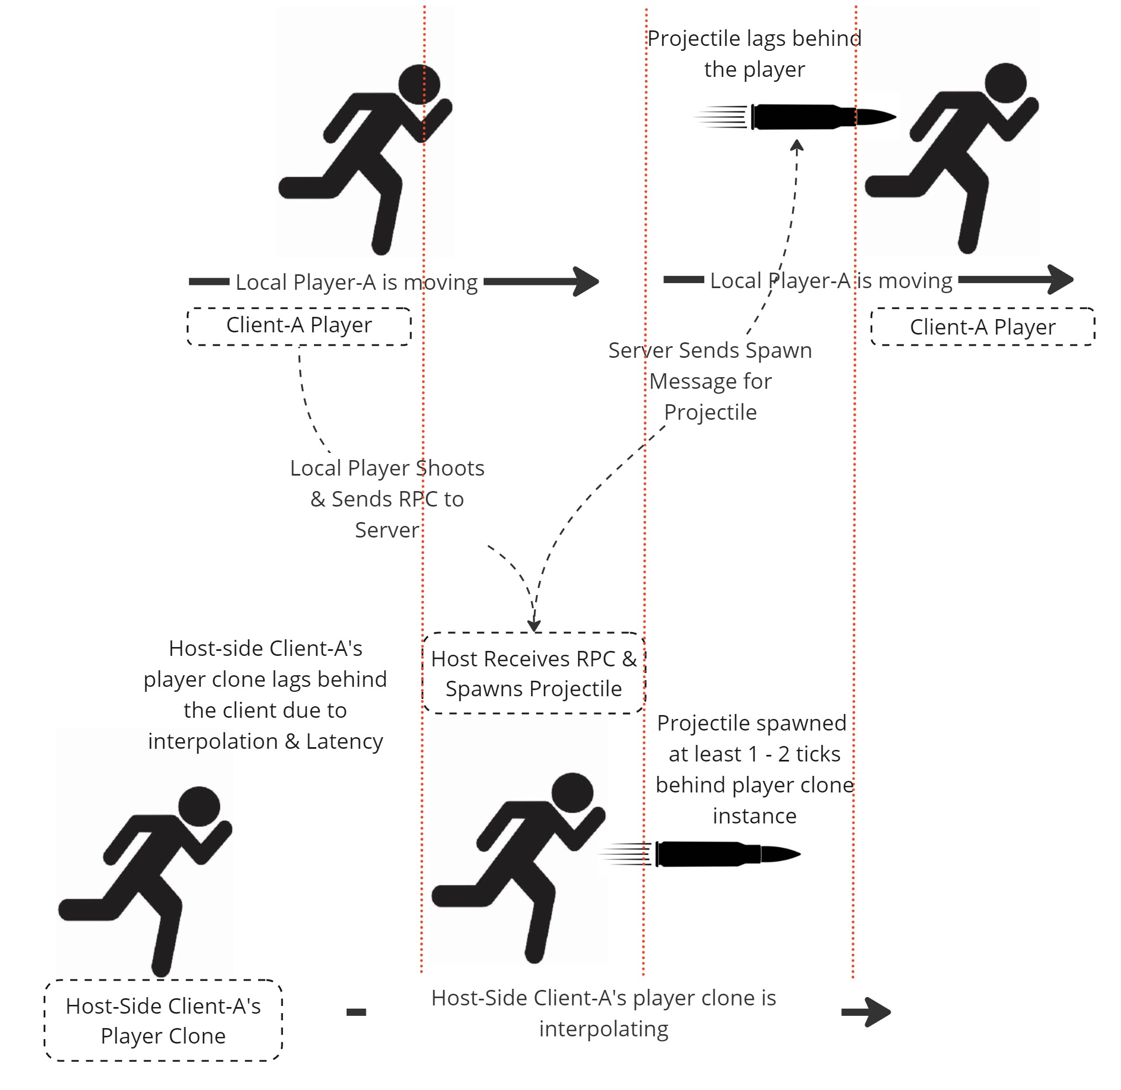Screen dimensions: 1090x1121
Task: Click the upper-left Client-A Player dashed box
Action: pos(298,326)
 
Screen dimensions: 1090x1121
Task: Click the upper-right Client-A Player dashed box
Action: pos(982,327)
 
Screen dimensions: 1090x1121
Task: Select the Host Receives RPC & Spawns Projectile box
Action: pos(533,673)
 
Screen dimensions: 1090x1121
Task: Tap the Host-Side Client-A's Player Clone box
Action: pos(163,1021)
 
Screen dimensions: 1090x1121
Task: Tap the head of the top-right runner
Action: pos(1005,83)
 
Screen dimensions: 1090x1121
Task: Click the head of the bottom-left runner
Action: pos(199,807)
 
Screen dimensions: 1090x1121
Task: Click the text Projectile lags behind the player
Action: pos(753,54)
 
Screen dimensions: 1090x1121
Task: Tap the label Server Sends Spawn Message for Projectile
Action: pos(710,380)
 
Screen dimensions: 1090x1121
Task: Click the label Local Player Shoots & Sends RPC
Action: pos(387,499)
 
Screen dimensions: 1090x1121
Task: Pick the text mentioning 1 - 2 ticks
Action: pos(753,769)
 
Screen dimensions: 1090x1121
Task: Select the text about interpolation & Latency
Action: pos(265,695)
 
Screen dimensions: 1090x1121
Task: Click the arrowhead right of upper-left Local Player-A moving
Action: pos(587,281)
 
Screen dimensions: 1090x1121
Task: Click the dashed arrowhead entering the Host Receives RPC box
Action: pos(534,625)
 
